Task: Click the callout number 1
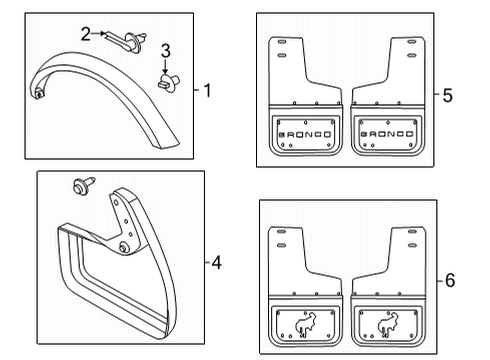pyautogui.click(x=207, y=92)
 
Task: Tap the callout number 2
pyautogui.click(x=86, y=33)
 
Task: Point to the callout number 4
pyautogui.click(x=218, y=265)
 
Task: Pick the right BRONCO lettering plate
pyautogui.click(x=382, y=132)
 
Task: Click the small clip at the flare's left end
pyautogui.click(x=40, y=93)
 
